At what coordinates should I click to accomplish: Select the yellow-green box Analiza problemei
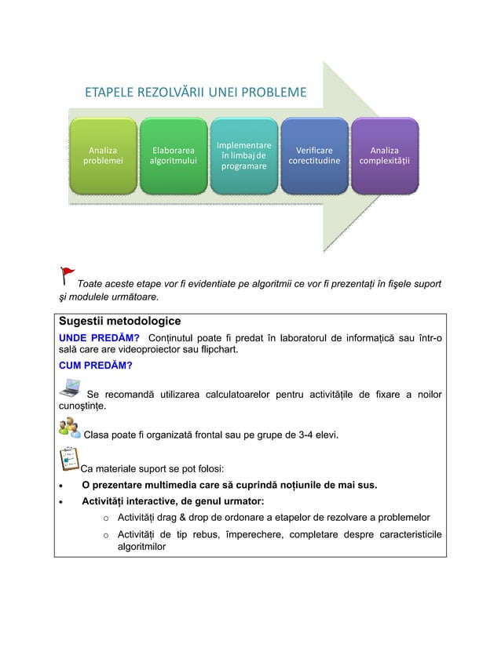[103, 156]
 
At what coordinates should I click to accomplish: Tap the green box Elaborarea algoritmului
[174, 156]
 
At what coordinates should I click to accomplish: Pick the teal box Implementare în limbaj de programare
[243, 156]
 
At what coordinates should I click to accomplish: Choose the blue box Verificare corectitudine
[314, 156]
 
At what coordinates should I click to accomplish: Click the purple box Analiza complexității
[384, 156]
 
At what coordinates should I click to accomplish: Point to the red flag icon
[68, 275]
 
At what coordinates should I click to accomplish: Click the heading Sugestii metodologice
[119, 322]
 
